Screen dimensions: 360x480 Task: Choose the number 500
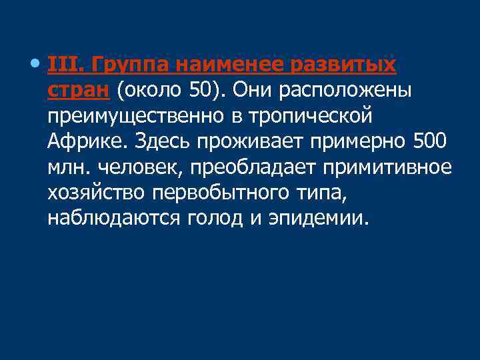(x=428, y=141)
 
